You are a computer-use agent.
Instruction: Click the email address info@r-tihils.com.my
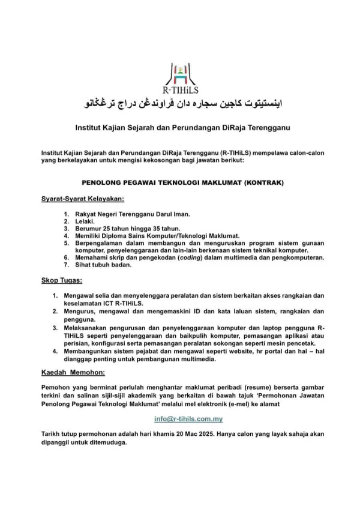188,419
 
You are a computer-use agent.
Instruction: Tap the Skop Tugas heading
62,280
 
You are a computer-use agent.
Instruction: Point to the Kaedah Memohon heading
73,373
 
